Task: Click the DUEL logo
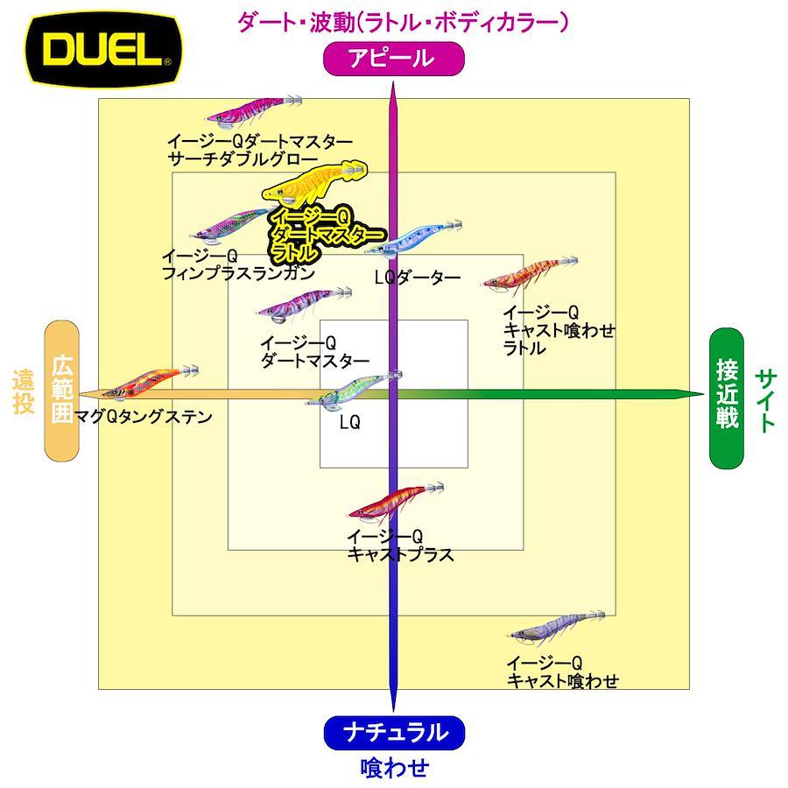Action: (104, 50)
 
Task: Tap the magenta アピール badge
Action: (393, 59)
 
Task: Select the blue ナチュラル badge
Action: (395, 733)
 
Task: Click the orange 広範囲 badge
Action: (62, 390)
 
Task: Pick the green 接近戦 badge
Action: (726, 398)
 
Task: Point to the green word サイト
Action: (766, 400)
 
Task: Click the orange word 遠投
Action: (23, 391)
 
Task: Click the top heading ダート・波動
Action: (296, 22)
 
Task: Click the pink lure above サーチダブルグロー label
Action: (254, 110)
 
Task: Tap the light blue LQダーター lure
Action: (413, 239)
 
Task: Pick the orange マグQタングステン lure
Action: (151, 382)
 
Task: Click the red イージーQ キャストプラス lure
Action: (396, 500)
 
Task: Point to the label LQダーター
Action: (418, 277)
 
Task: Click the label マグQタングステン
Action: (143, 417)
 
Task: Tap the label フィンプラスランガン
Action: (238, 273)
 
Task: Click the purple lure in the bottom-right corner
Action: (557, 626)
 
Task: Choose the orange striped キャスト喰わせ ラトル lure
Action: (530, 274)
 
